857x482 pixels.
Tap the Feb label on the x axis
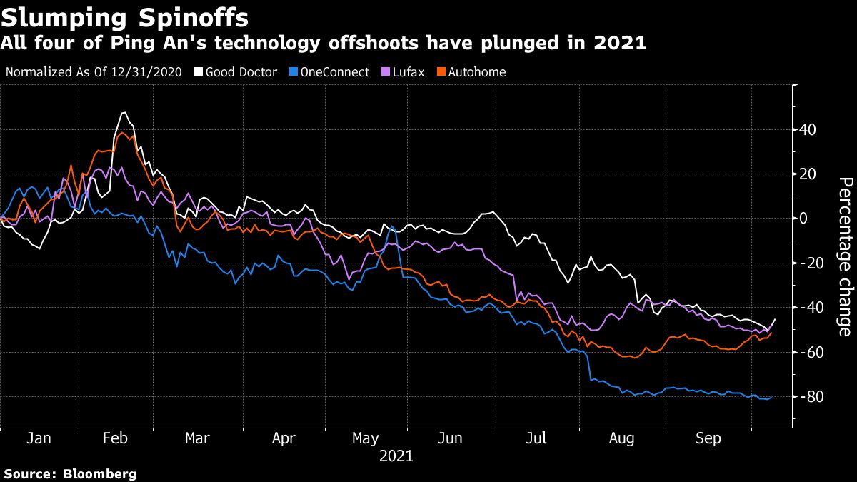115,438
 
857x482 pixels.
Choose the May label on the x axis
366,438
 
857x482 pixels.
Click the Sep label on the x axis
708,438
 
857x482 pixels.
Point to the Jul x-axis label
536,438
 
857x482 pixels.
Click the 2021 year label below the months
396,455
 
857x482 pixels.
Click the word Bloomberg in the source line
100,473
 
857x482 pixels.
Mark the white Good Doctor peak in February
124,113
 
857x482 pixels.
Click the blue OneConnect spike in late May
391,226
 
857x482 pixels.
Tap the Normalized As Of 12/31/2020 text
93,72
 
